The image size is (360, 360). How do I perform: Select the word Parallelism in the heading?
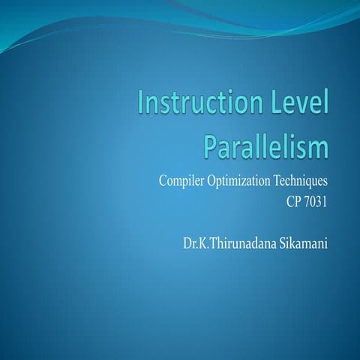pos(266,145)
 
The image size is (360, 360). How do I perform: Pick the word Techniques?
pos(303,181)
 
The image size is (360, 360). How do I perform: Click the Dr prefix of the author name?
pos(187,242)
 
